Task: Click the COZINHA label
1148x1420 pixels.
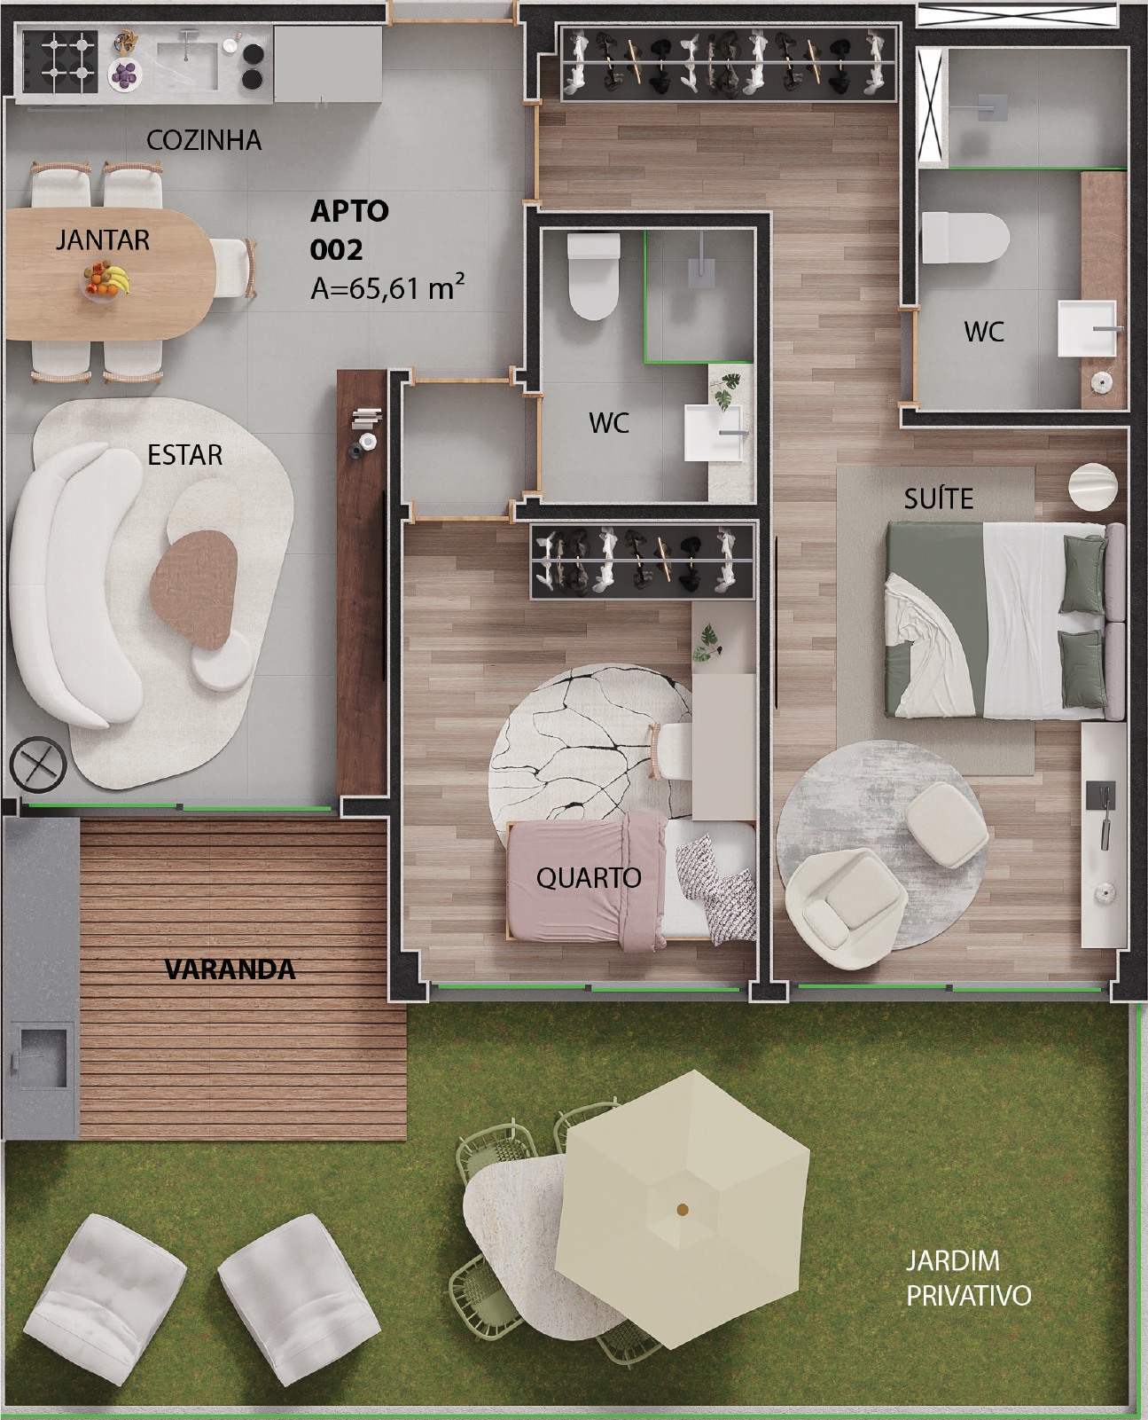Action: tap(204, 140)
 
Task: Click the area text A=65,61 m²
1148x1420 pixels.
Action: tap(387, 287)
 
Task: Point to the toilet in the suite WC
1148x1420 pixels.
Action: tap(964, 238)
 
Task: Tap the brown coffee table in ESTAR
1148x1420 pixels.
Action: tap(193, 589)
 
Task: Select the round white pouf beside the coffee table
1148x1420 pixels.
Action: tap(222, 660)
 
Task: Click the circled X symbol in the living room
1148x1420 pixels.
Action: tap(38, 765)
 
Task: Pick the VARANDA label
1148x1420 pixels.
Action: tap(230, 969)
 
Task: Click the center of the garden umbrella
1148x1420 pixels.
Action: tap(682, 1209)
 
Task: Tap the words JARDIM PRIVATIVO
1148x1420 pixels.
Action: tap(968, 1278)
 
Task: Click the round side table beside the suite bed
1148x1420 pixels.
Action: tap(1093, 487)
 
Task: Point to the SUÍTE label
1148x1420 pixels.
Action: tap(939, 498)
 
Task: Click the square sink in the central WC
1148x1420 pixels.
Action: tap(714, 433)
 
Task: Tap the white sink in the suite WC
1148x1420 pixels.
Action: tap(1088, 328)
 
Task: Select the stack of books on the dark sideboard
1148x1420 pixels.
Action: tap(367, 419)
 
